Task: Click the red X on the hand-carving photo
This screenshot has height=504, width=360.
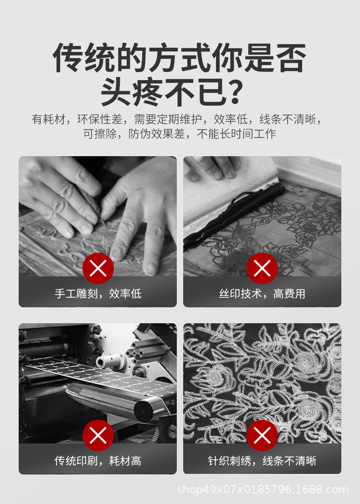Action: (98, 269)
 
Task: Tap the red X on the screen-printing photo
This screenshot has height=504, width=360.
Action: (262, 269)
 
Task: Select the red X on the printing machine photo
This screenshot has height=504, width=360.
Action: (98, 436)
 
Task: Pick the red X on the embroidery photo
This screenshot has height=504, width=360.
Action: (262, 436)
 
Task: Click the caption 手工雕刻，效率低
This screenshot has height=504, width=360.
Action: (98, 294)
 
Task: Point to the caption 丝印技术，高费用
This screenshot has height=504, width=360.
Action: (262, 294)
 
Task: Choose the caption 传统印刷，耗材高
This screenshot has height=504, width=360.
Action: (98, 461)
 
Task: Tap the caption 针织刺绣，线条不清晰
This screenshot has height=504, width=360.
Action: (262, 461)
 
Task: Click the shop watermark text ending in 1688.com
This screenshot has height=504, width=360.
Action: (262, 490)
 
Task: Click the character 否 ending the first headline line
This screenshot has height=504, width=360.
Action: (290, 58)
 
